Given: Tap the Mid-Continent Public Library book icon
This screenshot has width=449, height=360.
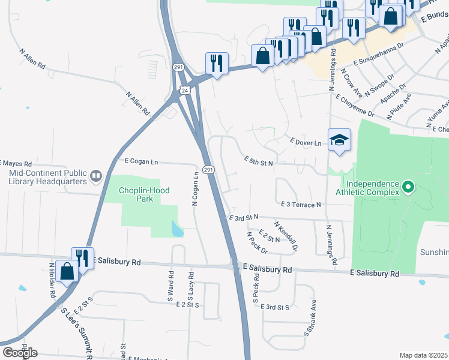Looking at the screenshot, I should click(96, 176).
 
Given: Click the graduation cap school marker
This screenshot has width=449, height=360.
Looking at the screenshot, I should click(339, 140).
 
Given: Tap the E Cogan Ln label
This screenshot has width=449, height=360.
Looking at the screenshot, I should click(141, 161).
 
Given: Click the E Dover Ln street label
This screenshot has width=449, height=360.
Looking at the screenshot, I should click(306, 142).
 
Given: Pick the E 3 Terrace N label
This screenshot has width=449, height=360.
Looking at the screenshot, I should click(301, 205).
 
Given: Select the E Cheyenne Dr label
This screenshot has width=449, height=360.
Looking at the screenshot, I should click(355, 105).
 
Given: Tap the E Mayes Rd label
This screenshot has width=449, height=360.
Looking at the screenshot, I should click(14, 163).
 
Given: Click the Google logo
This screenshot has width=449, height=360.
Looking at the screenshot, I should click(20, 352).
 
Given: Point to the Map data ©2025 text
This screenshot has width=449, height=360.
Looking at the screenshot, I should click(423, 355).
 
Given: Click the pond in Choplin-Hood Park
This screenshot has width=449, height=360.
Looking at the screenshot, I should click(176, 229).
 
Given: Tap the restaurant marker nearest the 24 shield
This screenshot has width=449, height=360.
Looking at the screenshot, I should click(216, 63).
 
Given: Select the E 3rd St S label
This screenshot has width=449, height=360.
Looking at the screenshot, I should click(276, 307).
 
